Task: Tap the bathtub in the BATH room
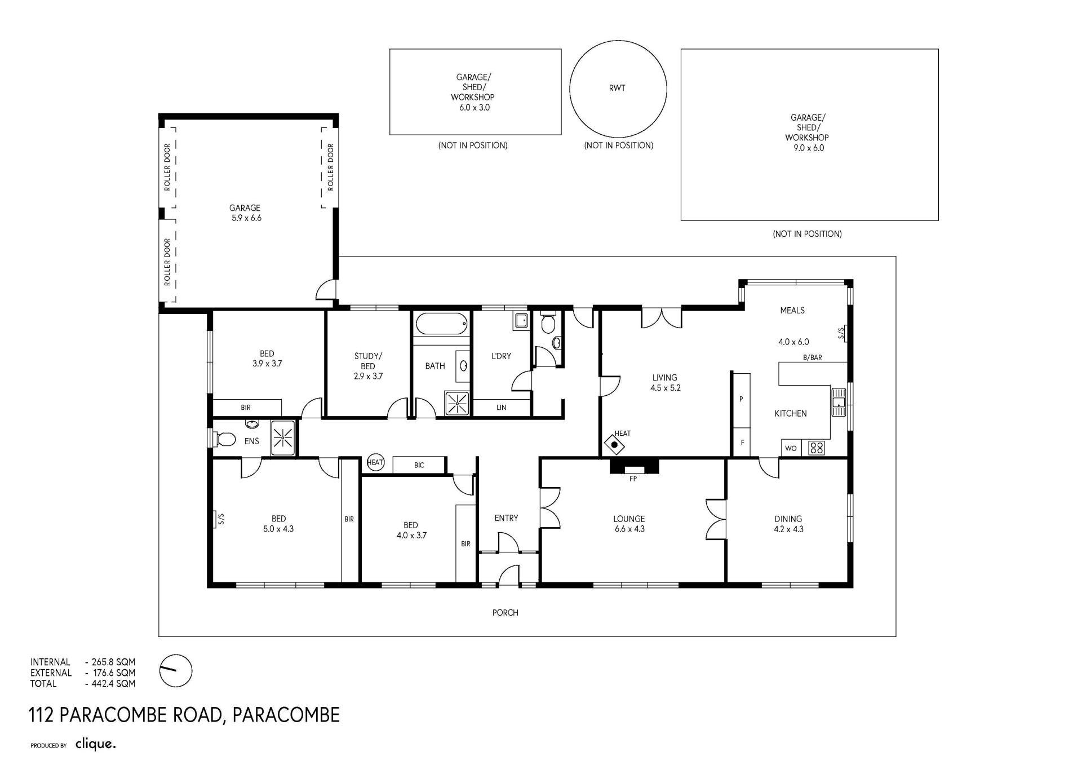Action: (x=442, y=324)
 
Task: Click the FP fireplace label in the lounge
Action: (x=633, y=479)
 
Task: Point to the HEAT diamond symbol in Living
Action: (x=614, y=444)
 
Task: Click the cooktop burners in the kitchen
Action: (x=817, y=448)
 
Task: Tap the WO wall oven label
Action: (x=791, y=449)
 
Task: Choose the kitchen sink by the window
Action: (x=839, y=402)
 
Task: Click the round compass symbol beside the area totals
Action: (x=176, y=671)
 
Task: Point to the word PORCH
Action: (x=505, y=613)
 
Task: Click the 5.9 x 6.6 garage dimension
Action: (x=246, y=218)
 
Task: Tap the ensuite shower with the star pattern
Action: (x=283, y=437)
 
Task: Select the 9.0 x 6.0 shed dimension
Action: (x=808, y=148)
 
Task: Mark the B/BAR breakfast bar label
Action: (x=812, y=357)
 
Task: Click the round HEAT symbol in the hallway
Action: (x=375, y=463)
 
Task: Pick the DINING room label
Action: (x=788, y=519)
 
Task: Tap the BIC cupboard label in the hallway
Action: (x=419, y=465)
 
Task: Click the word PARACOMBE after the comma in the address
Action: (x=286, y=715)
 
